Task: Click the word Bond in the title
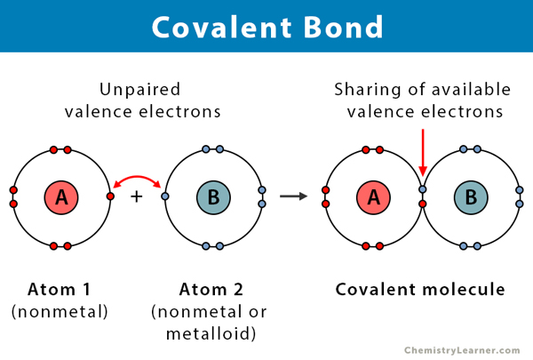(344, 26)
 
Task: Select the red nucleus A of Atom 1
(61, 196)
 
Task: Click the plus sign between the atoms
(137, 196)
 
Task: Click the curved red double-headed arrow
(137, 179)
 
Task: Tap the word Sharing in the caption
(365, 89)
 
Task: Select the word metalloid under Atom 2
(211, 332)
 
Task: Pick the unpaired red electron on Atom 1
(110, 196)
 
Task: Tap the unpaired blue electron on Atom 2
(165, 196)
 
